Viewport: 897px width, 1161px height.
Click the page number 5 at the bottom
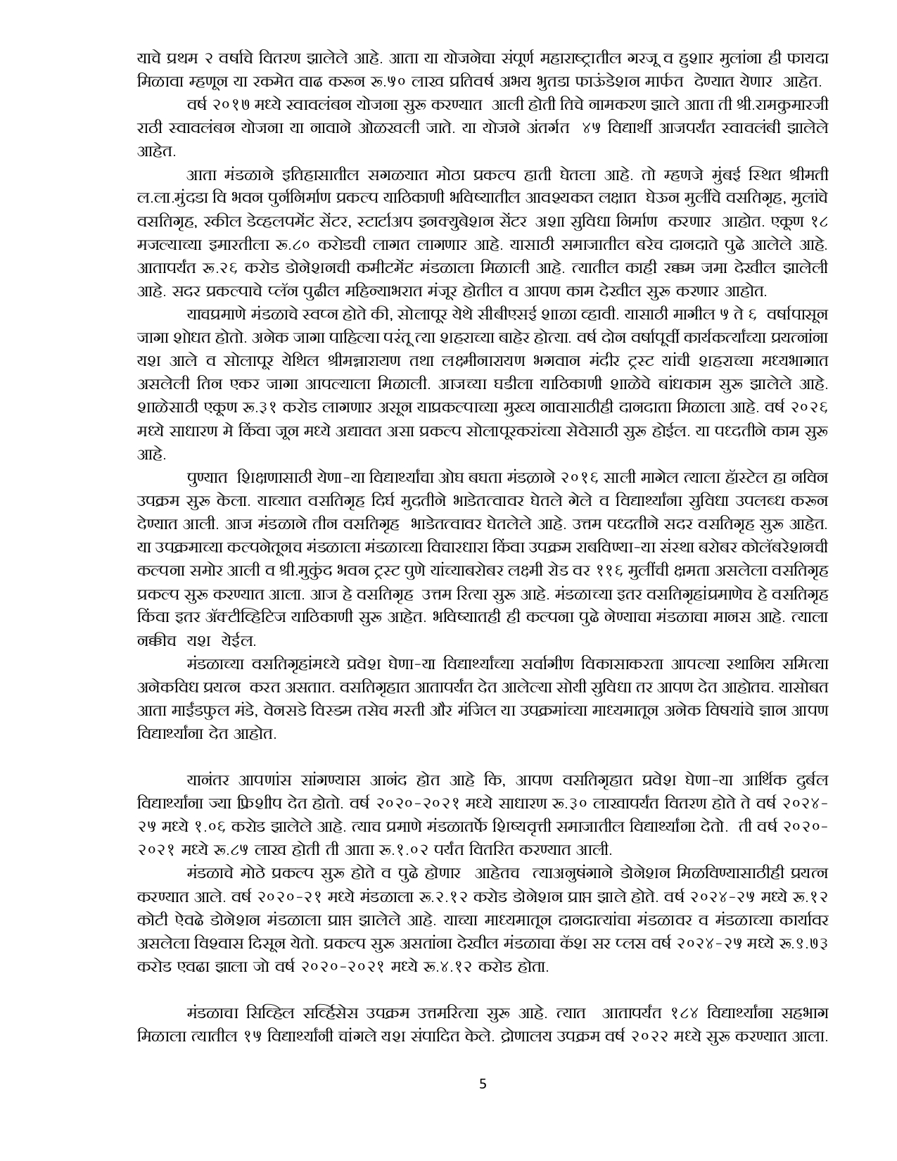tap(482, 1084)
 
